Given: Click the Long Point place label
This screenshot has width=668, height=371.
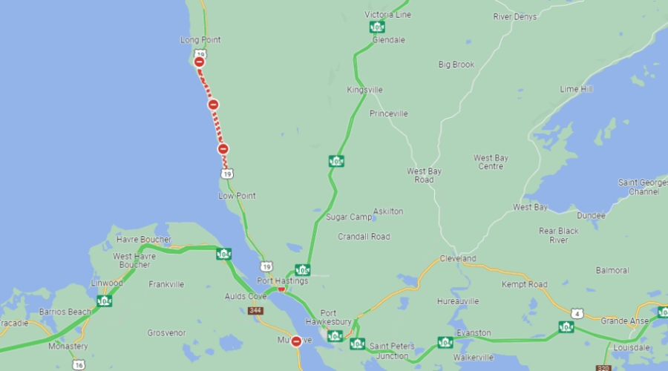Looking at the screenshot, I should point(200,40).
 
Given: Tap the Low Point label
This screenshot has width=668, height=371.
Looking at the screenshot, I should point(237,196).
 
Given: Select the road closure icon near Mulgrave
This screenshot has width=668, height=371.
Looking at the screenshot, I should point(296,341).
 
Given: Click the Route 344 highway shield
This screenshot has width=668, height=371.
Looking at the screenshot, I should point(256,310).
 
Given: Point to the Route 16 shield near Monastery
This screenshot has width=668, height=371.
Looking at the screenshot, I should point(79,365).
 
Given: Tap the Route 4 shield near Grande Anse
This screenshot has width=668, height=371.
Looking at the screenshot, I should point(577,314).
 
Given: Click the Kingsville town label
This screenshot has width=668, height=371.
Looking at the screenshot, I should point(364,90).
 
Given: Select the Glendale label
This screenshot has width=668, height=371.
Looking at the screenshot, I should point(388,40).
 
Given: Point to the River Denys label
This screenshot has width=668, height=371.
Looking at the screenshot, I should point(515,16).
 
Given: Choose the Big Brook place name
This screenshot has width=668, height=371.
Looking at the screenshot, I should point(456,65).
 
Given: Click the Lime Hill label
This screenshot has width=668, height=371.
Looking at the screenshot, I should point(576,89).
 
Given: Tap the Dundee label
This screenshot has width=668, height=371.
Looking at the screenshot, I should point(591,215).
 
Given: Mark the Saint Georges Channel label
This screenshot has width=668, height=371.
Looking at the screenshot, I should point(638,187).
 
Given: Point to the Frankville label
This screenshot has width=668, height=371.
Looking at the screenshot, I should point(166,284).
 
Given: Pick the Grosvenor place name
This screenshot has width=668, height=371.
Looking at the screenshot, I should point(166,333).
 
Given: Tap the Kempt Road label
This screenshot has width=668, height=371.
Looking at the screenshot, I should point(524,284).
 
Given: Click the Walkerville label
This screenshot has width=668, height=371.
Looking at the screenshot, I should point(474,357).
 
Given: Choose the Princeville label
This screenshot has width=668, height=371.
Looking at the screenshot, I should point(388,114).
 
